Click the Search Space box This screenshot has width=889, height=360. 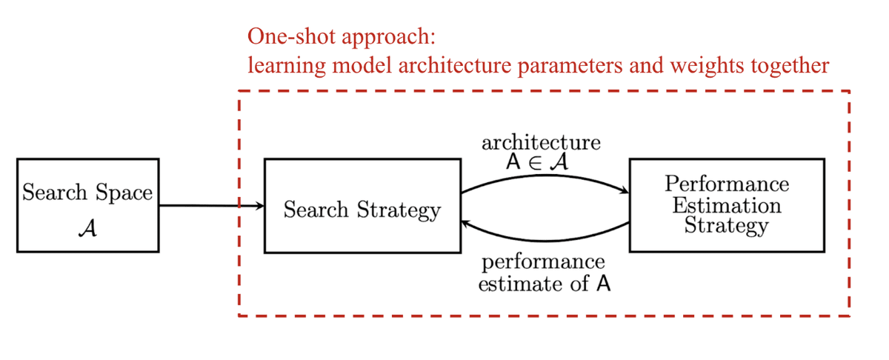click(x=87, y=205)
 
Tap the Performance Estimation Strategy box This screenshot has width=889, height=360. click(x=726, y=205)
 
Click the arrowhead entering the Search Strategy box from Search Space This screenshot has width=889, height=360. click(x=259, y=206)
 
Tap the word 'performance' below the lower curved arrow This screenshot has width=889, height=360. click(x=543, y=262)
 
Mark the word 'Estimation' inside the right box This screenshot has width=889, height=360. click(x=726, y=204)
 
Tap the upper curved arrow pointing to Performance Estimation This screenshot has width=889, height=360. click(x=545, y=177)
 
